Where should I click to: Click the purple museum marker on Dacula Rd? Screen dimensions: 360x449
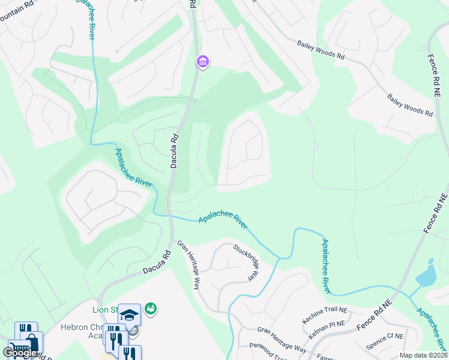(x=202, y=61)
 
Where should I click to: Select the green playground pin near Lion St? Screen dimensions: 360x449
(x=150, y=308)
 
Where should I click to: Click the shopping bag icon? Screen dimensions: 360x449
(x=31, y=343)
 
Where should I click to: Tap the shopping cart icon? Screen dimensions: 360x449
(x=19, y=350)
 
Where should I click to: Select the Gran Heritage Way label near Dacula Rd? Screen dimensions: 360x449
(x=188, y=265)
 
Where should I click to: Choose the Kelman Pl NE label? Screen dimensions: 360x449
(x=329, y=325)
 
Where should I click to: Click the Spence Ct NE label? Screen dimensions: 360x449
(x=387, y=339)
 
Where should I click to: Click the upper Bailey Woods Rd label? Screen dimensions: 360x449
(x=321, y=49)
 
